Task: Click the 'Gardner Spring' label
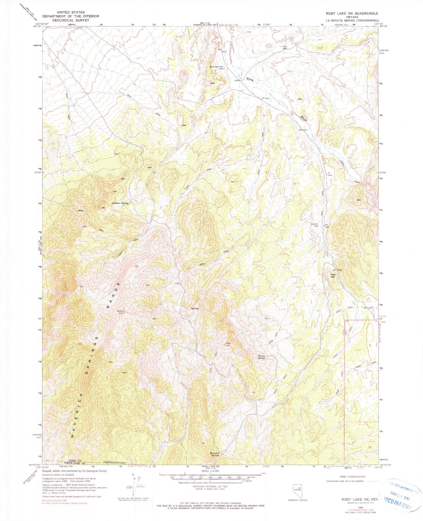coord(120,203)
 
